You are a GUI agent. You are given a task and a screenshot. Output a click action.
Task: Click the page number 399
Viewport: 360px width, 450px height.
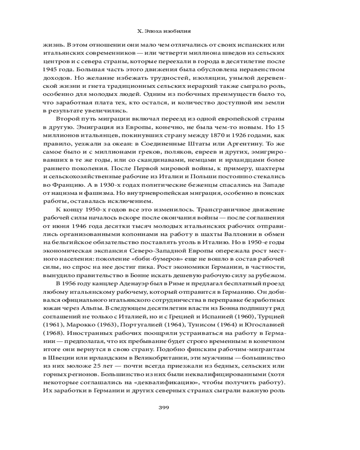[163, 408]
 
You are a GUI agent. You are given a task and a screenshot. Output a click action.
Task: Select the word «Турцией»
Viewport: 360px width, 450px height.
[265, 315]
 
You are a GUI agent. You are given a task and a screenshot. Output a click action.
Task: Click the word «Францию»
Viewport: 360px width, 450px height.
[66, 184]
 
